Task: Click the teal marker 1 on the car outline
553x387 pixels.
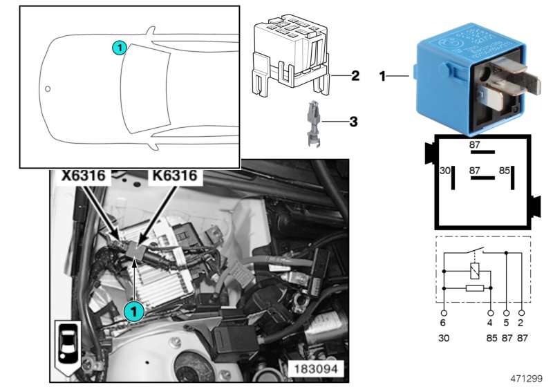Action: click(x=119, y=48)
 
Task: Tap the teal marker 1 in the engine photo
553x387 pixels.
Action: click(x=133, y=311)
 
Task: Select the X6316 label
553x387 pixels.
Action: click(x=84, y=176)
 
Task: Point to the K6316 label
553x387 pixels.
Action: click(x=174, y=176)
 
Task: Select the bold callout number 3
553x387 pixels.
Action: click(x=353, y=122)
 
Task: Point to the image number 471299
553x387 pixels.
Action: click(x=527, y=379)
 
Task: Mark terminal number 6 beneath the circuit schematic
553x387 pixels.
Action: click(x=443, y=322)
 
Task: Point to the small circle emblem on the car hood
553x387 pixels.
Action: click(x=48, y=88)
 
